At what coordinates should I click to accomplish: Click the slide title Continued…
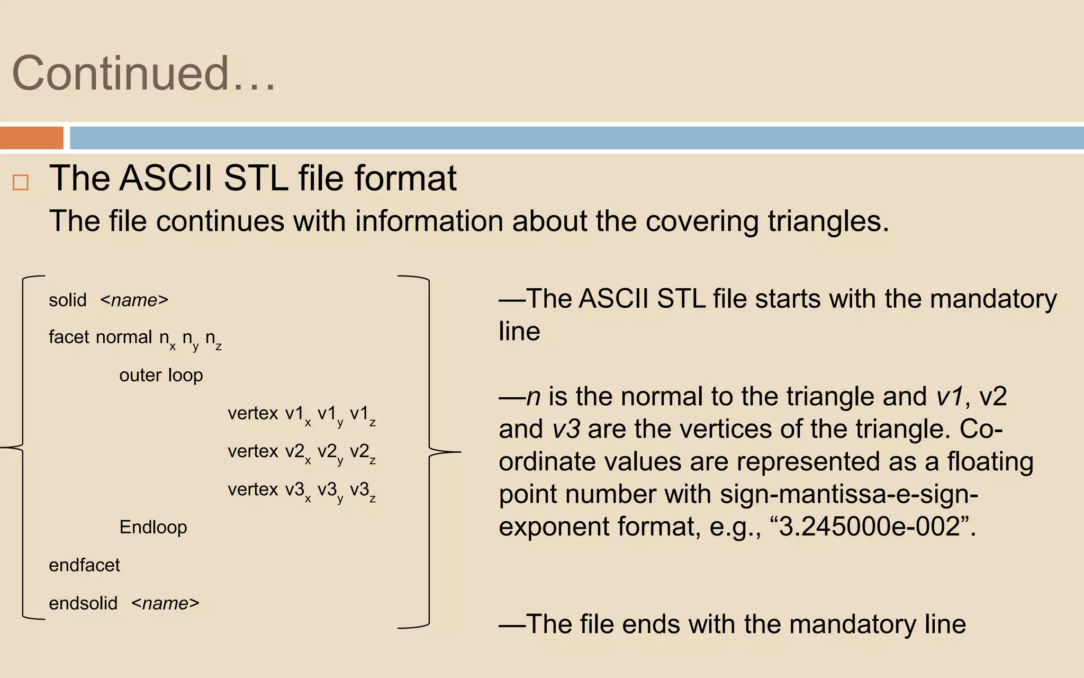coord(144,74)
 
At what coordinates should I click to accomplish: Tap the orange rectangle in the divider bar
coord(32,138)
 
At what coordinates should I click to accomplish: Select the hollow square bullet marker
coord(21,182)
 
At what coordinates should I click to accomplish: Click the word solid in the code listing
coord(67,300)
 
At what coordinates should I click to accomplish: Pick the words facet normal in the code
coord(101,337)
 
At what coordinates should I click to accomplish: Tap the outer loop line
coord(161,376)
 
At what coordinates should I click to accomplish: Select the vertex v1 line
coord(302,414)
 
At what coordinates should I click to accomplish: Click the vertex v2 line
coord(302,452)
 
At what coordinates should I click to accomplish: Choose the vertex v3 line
coord(302,490)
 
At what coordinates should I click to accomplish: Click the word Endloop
coord(153,528)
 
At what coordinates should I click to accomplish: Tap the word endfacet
coord(84,566)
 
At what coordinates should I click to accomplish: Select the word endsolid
coord(83,603)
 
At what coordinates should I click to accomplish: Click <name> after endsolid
coord(165,603)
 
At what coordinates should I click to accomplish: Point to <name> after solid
coord(134,300)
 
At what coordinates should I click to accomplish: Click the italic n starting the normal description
coord(533,397)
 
